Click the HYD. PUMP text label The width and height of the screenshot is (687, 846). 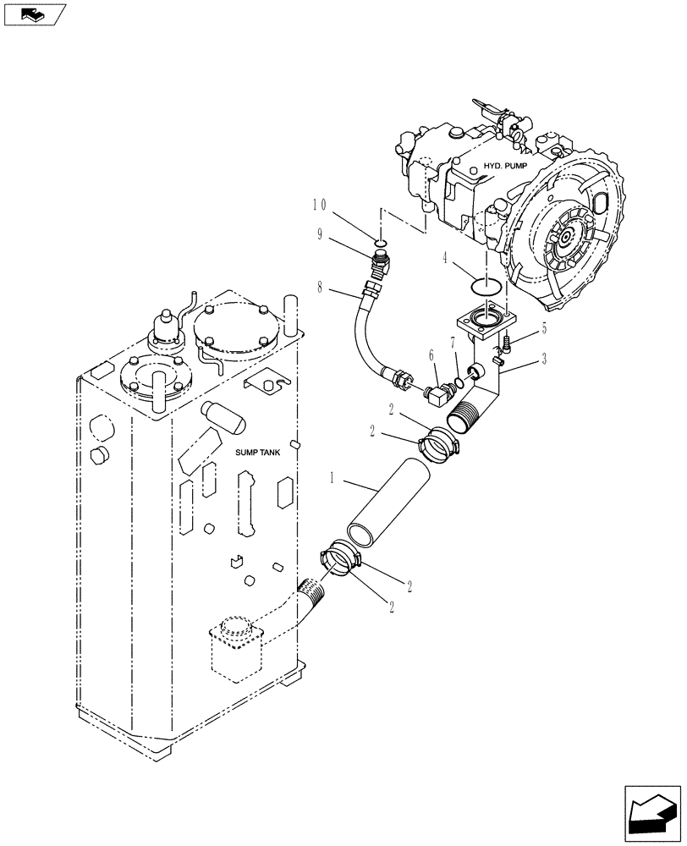[505, 167]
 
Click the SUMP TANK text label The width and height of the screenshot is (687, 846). [257, 453]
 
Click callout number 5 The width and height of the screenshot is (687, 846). [544, 327]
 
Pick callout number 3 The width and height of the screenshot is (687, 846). [544, 358]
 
